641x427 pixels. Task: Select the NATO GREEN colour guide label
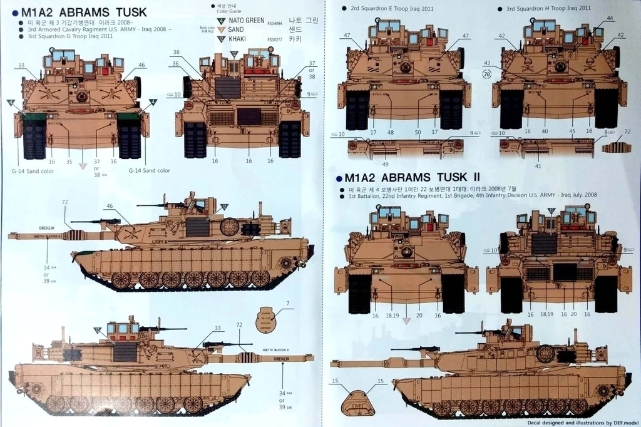[x=245, y=21]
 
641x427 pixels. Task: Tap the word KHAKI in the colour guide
[x=237, y=39]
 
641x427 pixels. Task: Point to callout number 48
[x=391, y=132]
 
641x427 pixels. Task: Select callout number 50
[x=418, y=132]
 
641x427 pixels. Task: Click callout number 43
[x=487, y=63]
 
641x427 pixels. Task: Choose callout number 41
[x=538, y=166]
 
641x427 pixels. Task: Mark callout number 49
[x=386, y=163]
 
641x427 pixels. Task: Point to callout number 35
[x=69, y=162]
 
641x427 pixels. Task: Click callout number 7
[x=287, y=304]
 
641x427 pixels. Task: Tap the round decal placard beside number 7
[x=267, y=320]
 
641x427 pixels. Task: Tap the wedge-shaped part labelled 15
[x=357, y=403]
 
